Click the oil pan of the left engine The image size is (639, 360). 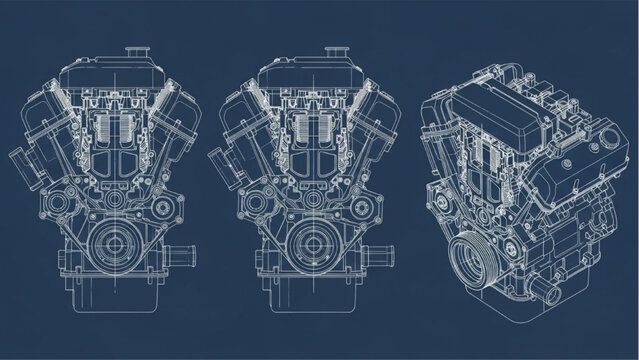[114, 300]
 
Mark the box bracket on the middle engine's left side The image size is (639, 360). [219, 164]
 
